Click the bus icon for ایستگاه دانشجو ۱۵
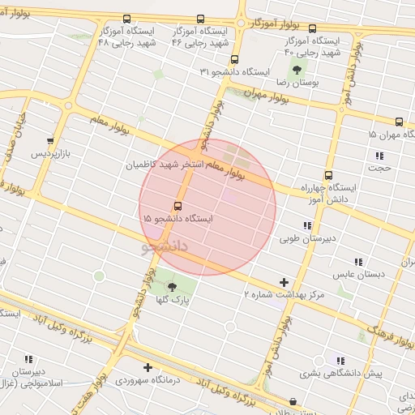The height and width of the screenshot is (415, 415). (178, 205)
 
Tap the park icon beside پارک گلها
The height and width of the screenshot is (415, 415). (171, 286)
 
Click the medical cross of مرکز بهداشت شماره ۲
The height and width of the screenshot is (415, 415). (283, 282)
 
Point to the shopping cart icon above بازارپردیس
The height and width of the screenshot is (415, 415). (51, 140)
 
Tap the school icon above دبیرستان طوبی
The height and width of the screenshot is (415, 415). (306, 225)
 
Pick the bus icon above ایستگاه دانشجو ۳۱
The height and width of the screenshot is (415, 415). (235, 59)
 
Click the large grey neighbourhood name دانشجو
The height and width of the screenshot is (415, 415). (165, 244)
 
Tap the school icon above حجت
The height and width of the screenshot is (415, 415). (378, 156)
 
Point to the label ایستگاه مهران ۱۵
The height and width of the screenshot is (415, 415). (391, 134)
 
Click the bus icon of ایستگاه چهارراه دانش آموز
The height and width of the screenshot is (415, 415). (328, 174)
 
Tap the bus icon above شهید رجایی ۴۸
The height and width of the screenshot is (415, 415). (126, 19)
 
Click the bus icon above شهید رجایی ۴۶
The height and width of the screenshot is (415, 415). (200, 19)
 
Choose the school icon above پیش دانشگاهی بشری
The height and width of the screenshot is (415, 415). (340, 360)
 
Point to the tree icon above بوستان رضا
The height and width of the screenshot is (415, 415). (296, 70)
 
